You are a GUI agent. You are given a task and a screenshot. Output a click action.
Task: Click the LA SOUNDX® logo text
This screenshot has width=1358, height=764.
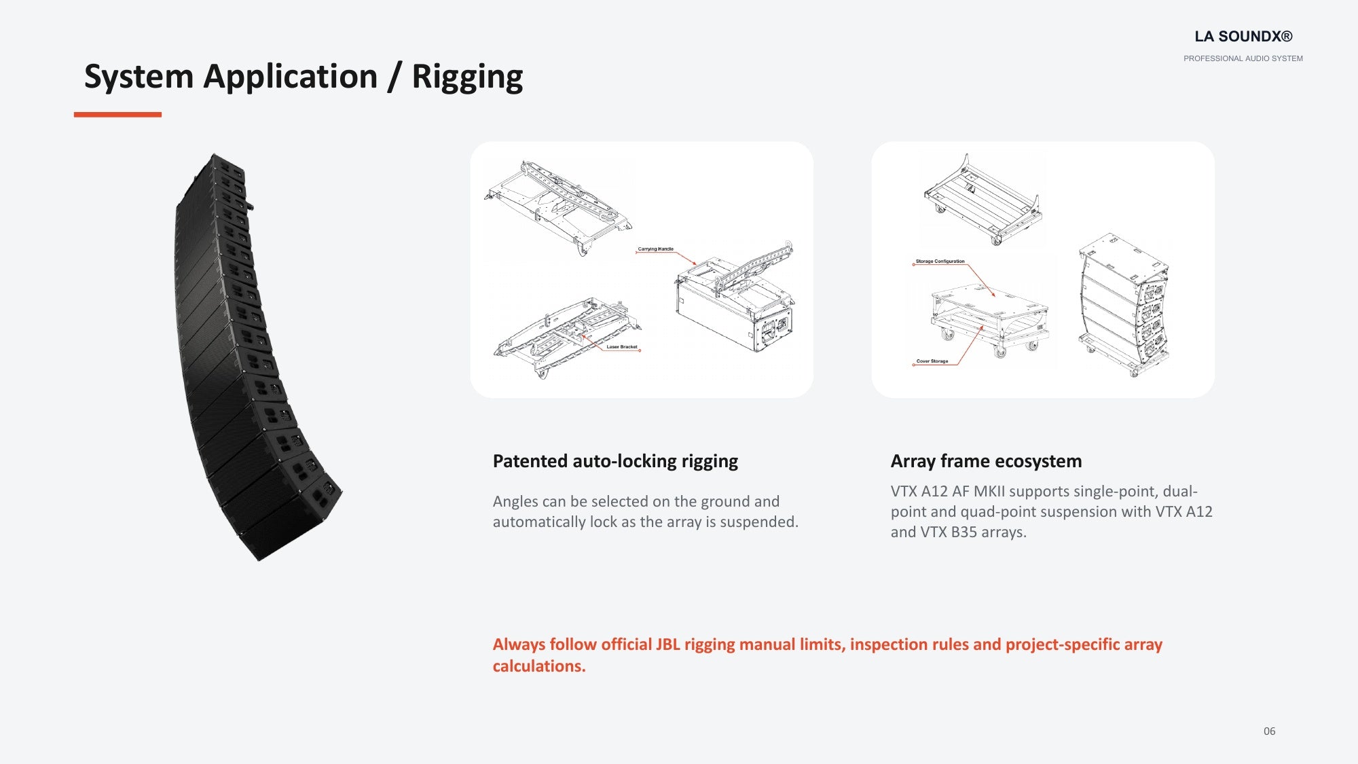point(1243,37)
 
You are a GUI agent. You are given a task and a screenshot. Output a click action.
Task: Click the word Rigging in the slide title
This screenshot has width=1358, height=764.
point(467,77)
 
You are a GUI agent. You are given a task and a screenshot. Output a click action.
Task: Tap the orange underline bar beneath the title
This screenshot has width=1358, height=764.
point(117,115)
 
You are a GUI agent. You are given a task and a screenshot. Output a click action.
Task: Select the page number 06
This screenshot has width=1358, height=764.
point(1269,731)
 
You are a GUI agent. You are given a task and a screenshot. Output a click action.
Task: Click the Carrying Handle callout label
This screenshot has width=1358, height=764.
point(655,249)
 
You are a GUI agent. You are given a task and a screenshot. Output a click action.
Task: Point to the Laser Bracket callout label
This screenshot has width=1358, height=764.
point(622,347)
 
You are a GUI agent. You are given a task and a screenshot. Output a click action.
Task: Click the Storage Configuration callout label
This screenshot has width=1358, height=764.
point(940,261)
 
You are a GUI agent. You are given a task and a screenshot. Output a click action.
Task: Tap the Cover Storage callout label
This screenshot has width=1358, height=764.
point(932,361)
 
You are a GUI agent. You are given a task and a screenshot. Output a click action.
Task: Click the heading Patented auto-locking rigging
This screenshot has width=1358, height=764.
point(615,462)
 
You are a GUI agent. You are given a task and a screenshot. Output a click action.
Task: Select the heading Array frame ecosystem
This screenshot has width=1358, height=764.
point(986,462)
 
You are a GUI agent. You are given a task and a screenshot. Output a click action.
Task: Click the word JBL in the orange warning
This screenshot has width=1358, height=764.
point(667,644)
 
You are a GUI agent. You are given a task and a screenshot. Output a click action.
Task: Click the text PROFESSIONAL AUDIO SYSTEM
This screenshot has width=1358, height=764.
point(1243,58)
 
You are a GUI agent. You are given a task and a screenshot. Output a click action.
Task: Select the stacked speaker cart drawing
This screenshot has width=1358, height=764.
point(1124,305)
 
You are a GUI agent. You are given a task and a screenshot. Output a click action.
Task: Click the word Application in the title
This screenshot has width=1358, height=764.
point(291,77)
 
